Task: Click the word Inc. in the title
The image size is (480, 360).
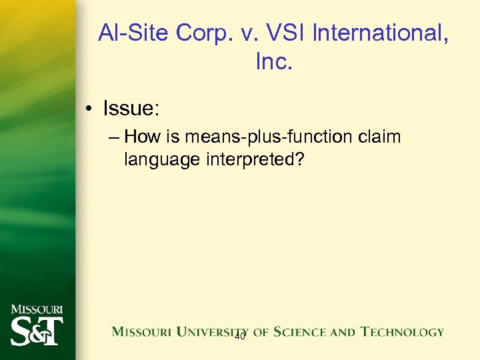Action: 274,62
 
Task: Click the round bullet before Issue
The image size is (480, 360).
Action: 89,108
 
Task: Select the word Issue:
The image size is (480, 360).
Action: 131,107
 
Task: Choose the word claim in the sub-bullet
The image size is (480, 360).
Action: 379,137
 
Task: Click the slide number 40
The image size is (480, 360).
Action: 240,337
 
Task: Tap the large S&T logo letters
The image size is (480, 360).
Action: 37,331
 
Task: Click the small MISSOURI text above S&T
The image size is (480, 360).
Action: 37,309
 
